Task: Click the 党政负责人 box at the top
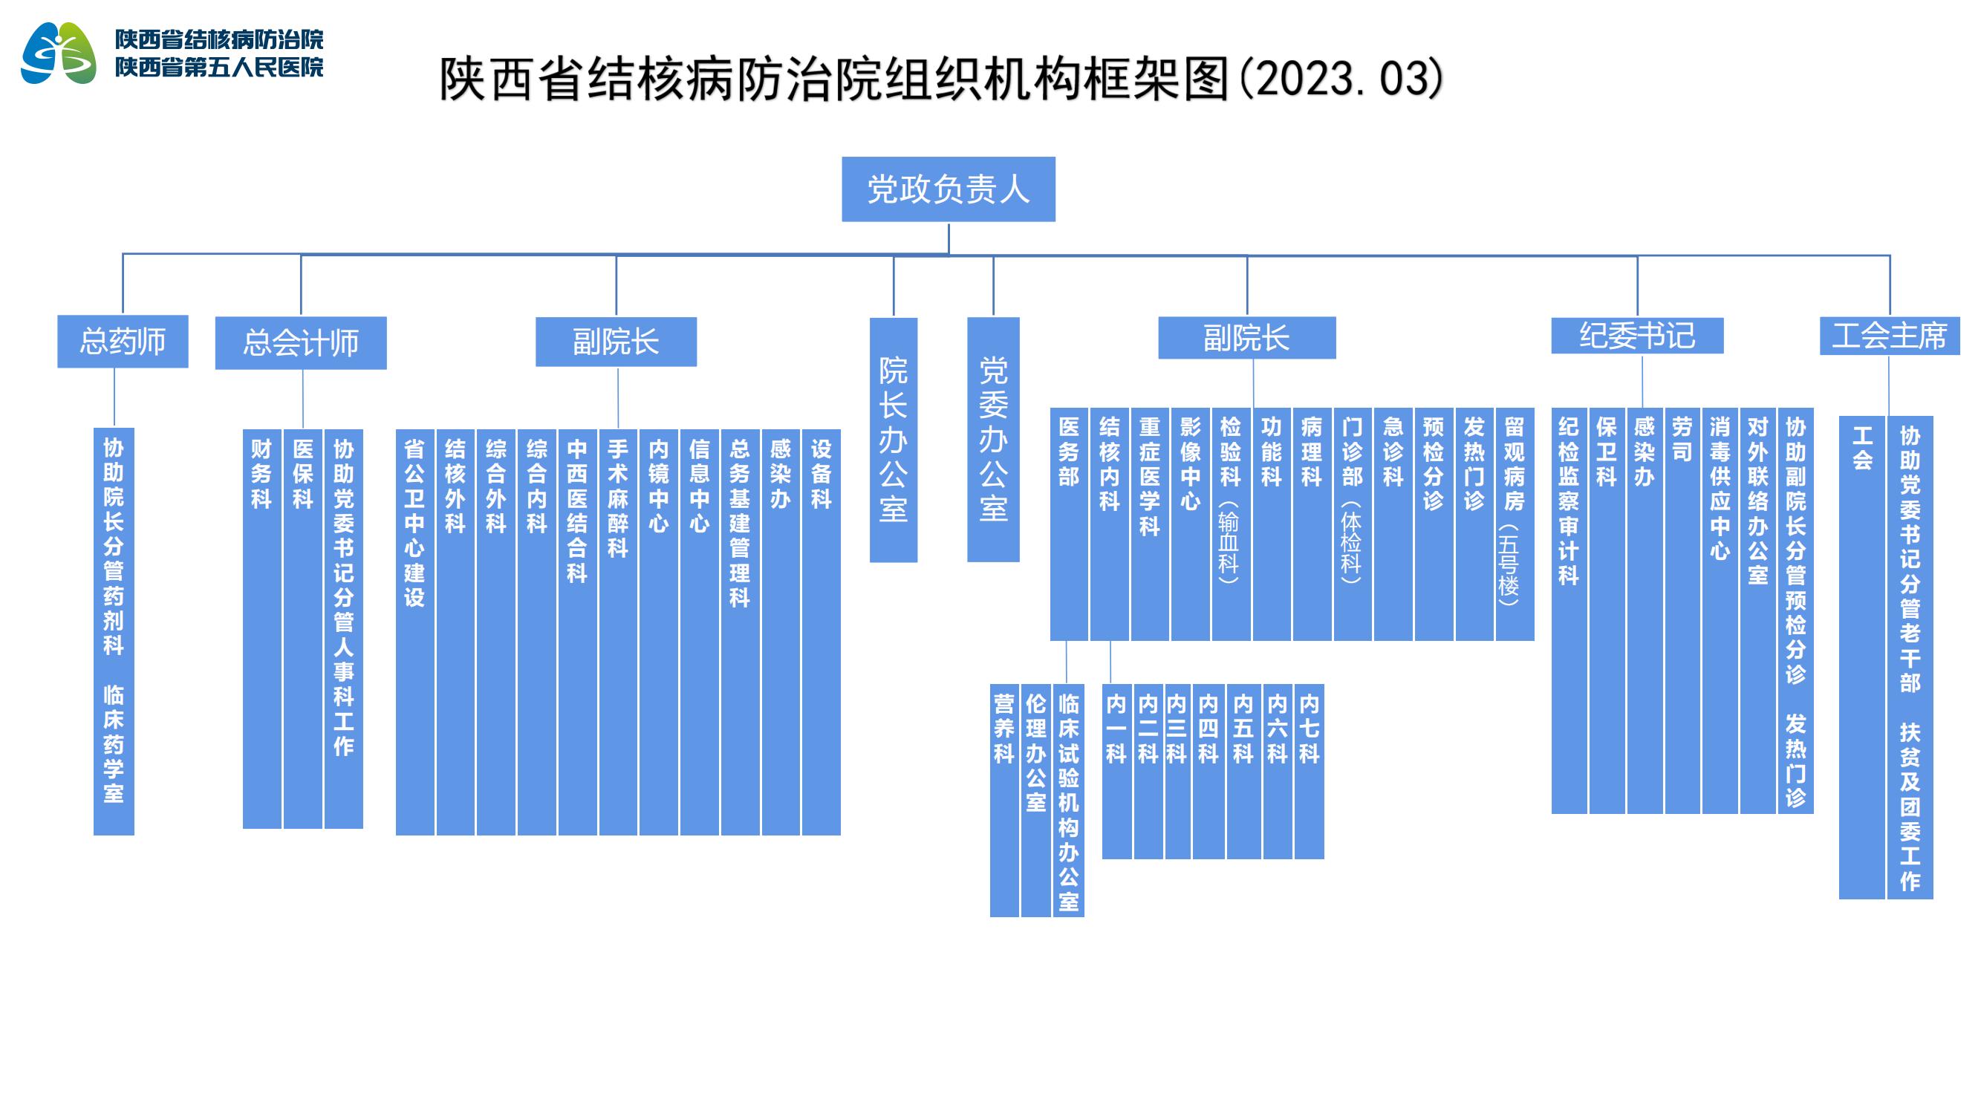tap(949, 189)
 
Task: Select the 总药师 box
tap(123, 342)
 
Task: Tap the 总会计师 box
tap(301, 343)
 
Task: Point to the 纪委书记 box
tap(1637, 336)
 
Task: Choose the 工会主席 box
tap(1890, 336)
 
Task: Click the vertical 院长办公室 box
tap(894, 440)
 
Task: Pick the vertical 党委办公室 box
tap(994, 439)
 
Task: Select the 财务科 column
tap(262, 629)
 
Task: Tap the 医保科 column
tap(303, 629)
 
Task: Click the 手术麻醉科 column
tap(618, 632)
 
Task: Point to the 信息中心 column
tap(700, 632)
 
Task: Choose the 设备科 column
tap(822, 632)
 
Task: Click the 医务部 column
tap(1069, 524)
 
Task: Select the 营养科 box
tap(1004, 801)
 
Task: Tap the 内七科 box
tap(1309, 771)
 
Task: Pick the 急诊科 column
tap(1393, 524)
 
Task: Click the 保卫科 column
tap(1607, 610)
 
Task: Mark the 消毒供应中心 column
tap(1720, 610)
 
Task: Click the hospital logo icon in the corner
tap(59, 53)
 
